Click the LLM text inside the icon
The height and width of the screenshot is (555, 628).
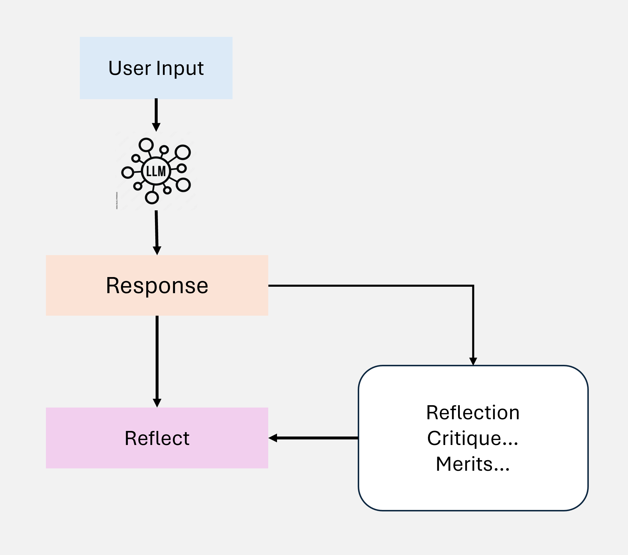point(156,171)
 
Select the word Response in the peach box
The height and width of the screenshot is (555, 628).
point(157,286)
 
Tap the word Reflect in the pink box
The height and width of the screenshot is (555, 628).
point(157,438)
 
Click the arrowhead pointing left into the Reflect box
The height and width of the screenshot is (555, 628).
point(273,438)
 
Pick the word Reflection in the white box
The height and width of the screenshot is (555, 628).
point(473,413)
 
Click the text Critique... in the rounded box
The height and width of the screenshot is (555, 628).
point(473,438)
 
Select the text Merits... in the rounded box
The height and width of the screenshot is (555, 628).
point(473,464)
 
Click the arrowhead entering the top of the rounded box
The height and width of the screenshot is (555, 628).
point(473,361)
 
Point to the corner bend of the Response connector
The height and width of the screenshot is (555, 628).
point(473,286)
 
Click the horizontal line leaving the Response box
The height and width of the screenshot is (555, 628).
point(369,286)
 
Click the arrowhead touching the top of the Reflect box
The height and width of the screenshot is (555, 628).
point(157,403)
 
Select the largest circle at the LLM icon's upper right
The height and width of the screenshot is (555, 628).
point(183,152)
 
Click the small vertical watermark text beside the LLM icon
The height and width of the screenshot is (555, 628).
point(117,201)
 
